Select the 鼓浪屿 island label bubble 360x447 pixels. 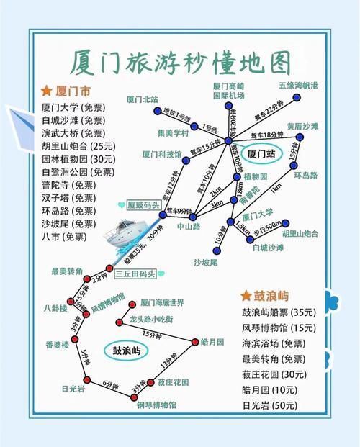[x=126, y=351]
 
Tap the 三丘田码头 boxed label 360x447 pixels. [x=135, y=273]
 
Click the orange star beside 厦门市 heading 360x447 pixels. [x=46, y=91]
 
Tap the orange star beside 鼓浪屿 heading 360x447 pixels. [x=246, y=296]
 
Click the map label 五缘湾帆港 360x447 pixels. [x=297, y=85]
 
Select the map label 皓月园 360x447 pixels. [x=213, y=341]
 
